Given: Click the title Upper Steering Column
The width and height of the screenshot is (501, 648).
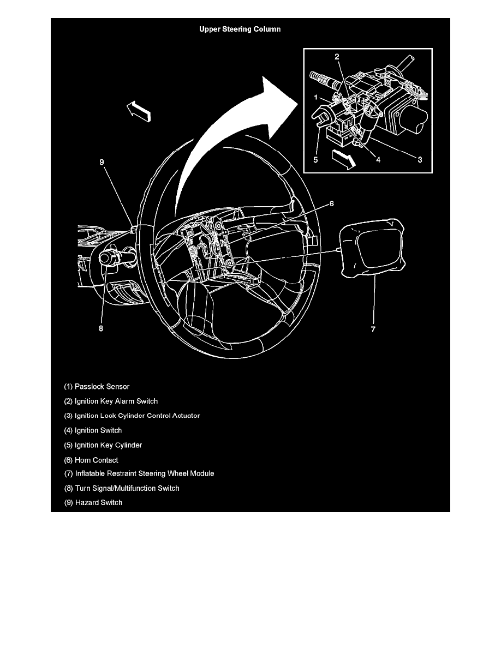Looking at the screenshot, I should click(x=240, y=29).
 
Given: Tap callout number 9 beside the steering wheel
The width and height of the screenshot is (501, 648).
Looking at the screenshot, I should click(x=102, y=161).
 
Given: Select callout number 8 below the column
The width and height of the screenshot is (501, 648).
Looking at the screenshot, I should click(x=101, y=329).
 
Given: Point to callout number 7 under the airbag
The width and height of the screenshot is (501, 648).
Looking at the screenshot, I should click(x=373, y=329).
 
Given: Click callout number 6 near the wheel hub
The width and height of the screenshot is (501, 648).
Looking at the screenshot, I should click(x=331, y=203).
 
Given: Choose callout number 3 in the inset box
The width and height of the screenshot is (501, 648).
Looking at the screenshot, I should click(x=420, y=160).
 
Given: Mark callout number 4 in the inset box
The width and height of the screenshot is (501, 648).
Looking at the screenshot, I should click(x=378, y=160).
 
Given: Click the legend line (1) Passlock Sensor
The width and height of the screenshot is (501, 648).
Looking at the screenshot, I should click(x=97, y=387).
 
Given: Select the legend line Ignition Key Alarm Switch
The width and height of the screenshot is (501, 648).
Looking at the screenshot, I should click(x=111, y=401).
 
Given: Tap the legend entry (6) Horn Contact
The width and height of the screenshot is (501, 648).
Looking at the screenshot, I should click(x=91, y=460).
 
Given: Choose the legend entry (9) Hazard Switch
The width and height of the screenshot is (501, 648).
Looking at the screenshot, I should click(x=93, y=502).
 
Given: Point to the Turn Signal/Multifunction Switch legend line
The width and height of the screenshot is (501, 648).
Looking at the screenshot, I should click(x=122, y=488).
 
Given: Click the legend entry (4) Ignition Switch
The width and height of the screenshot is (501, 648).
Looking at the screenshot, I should click(x=93, y=430).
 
